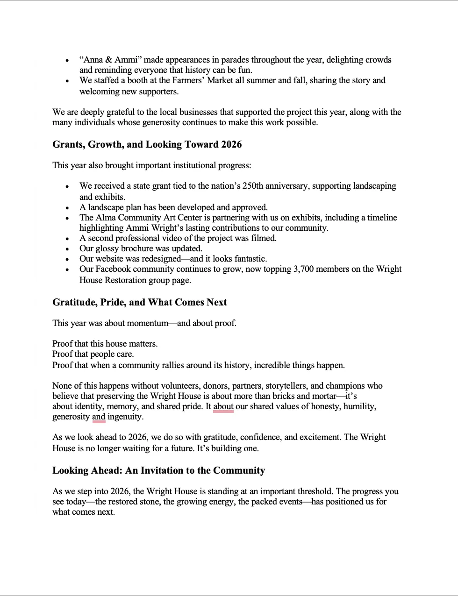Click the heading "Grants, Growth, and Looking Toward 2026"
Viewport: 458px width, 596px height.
pos(147,144)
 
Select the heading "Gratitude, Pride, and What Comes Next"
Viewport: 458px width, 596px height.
pos(139,302)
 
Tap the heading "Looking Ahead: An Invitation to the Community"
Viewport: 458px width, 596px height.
pos(158,470)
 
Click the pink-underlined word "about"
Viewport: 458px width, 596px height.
pos(223,406)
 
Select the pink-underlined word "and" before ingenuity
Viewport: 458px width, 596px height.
pos(99,417)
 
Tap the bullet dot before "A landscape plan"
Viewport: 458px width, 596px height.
pos(68,208)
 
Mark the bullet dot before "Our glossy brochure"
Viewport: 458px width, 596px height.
pos(68,249)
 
